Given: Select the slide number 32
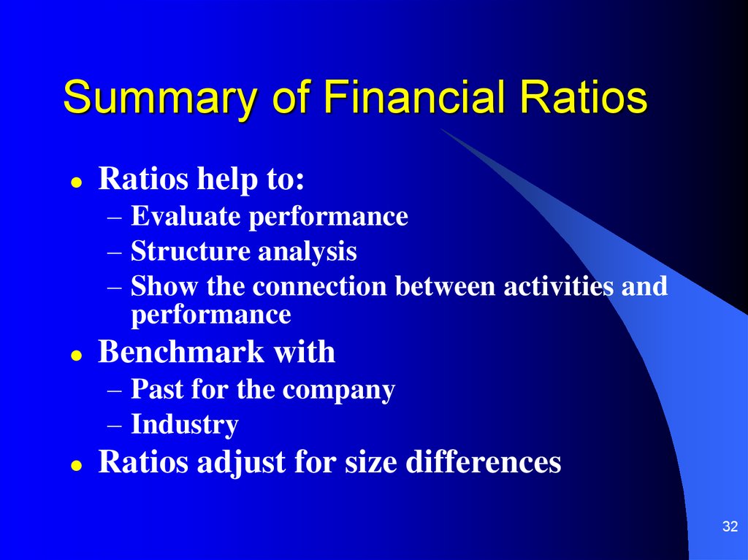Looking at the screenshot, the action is tap(730, 526).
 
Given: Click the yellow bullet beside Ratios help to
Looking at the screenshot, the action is tap(76, 183).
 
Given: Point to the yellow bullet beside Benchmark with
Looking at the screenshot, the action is tap(76, 356).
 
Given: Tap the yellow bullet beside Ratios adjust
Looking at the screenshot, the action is tap(76, 465).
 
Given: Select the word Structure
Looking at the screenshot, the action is tap(190, 251).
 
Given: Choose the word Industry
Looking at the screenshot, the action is tap(185, 424).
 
